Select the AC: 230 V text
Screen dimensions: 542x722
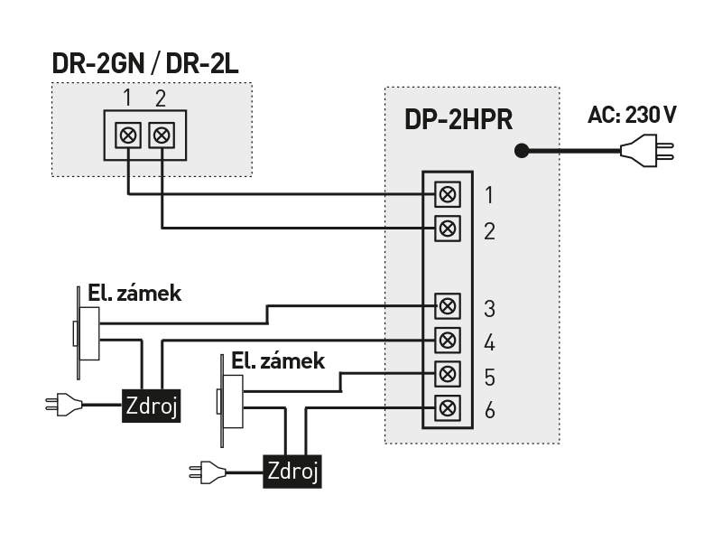click(x=631, y=116)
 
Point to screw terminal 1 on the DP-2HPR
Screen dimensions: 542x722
click(x=446, y=193)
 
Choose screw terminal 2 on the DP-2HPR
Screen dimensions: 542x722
click(x=446, y=227)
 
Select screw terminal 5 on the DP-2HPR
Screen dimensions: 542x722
click(x=446, y=373)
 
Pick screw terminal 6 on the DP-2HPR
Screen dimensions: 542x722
click(x=446, y=407)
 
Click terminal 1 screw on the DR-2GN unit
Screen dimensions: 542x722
click(x=128, y=136)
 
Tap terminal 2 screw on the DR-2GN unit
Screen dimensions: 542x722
click(x=162, y=136)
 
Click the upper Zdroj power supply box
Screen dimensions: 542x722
click(x=152, y=407)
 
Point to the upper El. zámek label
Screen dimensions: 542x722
click(x=134, y=293)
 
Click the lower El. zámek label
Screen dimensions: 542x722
click(x=277, y=361)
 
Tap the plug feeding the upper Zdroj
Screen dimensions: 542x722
click(x=63, y=406)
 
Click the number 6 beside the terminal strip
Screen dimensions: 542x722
click(x=489, y=410)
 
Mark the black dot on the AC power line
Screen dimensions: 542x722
click(x=521, y=151)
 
